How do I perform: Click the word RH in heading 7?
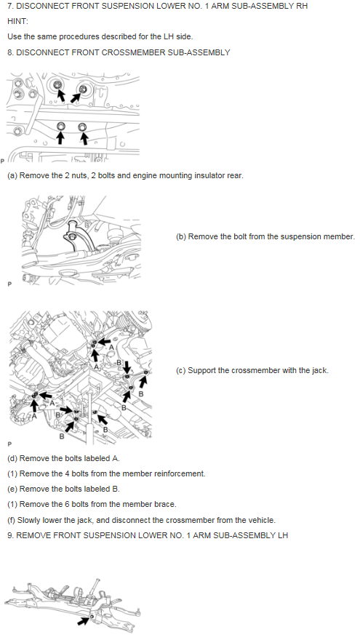tap(302, 6)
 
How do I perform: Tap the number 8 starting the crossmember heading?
tap(9, 52)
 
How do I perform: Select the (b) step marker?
tap(181, 237)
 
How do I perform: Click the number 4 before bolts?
tap(68, 473)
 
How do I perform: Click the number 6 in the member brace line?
tap(68, 504)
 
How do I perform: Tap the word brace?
tap(167, 504)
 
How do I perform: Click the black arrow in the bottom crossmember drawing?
tap(83, 620)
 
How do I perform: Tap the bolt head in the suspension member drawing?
tap(71, 237)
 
